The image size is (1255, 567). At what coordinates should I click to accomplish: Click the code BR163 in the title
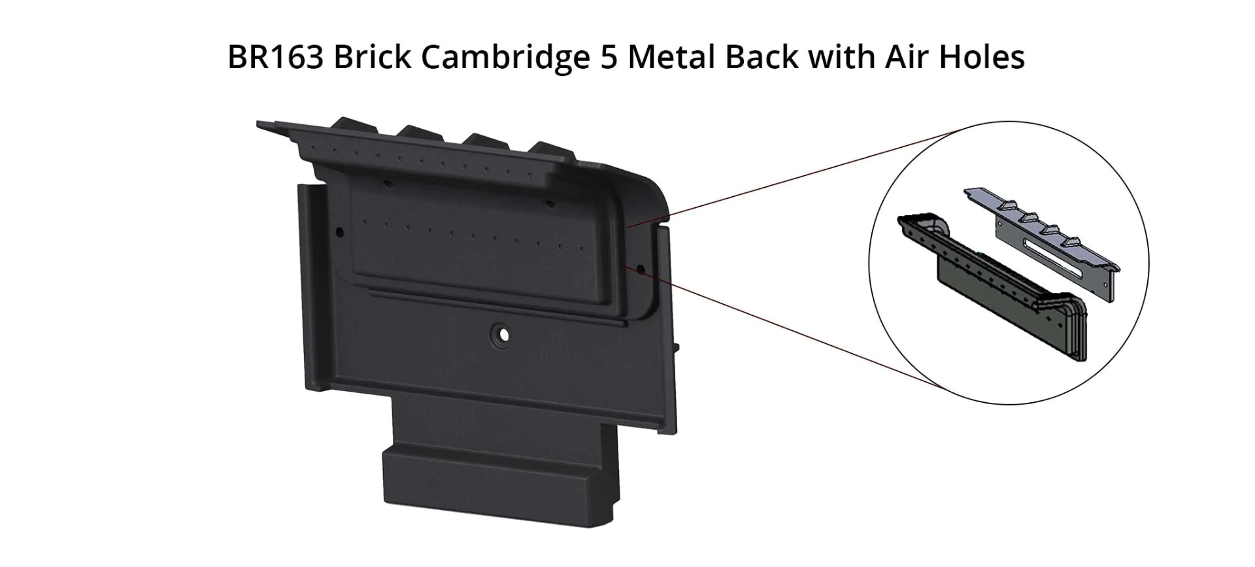coord(275,57)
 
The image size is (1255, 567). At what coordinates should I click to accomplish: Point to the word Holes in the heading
coord(982,57)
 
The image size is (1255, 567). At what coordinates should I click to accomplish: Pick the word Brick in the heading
coord(371,57)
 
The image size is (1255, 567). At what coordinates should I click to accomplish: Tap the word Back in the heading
coord(761,57)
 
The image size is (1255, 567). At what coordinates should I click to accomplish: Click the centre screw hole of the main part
coord(503,335)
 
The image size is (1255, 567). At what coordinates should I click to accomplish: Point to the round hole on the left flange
coord(339,232)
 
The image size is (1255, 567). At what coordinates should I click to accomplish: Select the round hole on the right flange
coord(641,268)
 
